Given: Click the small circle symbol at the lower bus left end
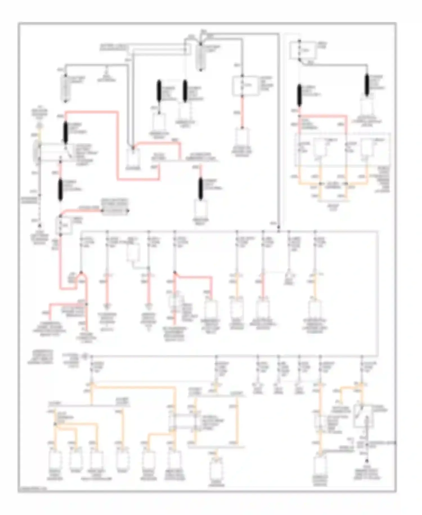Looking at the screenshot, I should coord(84,356).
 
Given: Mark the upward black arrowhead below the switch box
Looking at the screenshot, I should coord(367,461).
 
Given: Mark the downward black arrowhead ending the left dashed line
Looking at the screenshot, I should coord(40,226).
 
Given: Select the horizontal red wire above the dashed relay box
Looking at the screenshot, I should coord(323,115).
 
